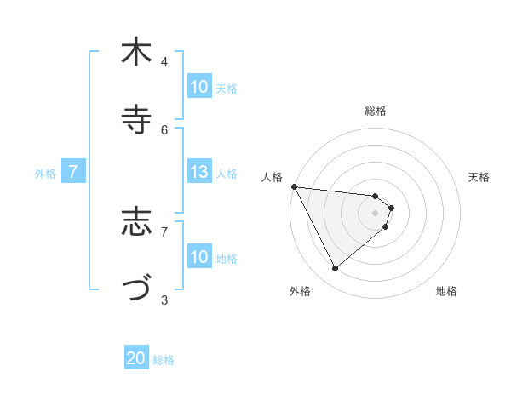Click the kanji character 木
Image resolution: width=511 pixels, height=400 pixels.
point(136,53)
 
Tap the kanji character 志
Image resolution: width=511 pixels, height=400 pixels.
point(136,222)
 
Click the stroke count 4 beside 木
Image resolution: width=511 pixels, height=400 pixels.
point(164,62)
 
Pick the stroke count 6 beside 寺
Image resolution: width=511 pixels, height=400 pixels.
point(164,129)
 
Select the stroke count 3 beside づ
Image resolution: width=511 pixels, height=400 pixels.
point(164,300)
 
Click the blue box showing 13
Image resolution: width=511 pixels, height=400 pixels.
point(199,173)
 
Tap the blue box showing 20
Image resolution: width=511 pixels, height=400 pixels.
point(136,359)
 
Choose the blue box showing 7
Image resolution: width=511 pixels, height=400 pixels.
point(73,173)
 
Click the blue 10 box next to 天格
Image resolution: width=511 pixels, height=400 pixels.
point(199,87)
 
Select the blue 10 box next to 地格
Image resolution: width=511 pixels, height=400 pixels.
point(199,257)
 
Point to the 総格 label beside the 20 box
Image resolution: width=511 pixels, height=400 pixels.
point(164,360)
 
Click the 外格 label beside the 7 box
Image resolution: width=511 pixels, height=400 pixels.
point(45,174)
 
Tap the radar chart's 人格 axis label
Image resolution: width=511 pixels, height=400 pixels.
point(272,177)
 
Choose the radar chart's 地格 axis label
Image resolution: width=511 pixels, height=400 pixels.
point(446,291)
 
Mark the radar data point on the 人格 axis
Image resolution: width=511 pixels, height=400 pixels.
point(294,186)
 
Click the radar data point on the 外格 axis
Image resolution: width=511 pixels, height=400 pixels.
point(335,269)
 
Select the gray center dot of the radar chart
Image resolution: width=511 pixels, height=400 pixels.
point(375,213)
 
